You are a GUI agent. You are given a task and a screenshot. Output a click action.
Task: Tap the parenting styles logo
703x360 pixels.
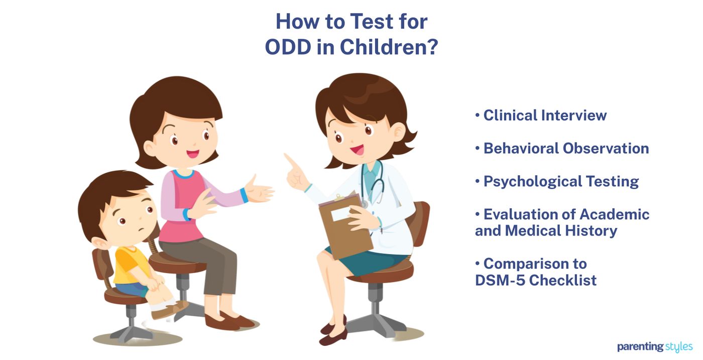click(655, 347)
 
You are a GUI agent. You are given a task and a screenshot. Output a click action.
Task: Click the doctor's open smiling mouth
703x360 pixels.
click(358, 149)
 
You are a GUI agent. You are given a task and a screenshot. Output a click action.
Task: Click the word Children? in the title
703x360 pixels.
click(389, 48)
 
